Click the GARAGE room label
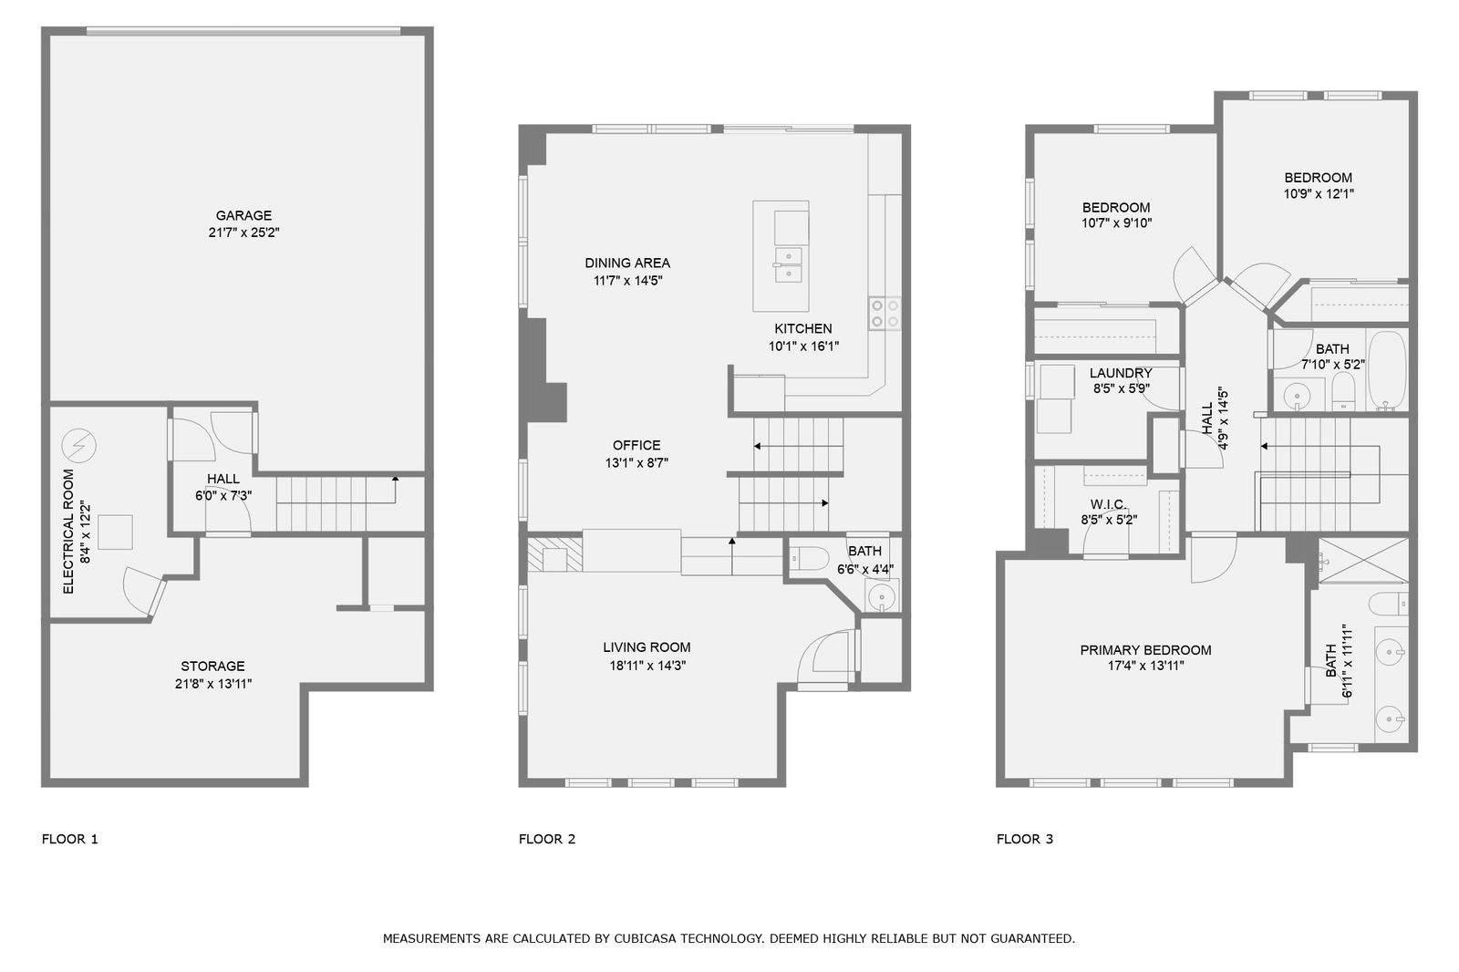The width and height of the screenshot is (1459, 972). click(x=243, y=215)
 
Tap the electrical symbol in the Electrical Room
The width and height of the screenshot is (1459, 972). click(x=78, y=446)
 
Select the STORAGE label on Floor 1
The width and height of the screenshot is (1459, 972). click(x=212, y=666)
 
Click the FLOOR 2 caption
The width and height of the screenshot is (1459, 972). click(x=547, y=839)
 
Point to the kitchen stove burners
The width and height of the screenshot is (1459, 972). click(x=885, y=313)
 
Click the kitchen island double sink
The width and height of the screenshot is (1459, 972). click(x=788, y=264)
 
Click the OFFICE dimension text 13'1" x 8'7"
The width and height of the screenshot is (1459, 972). click(x=636, y=463)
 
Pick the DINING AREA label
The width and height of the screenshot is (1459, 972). click(x=627, y=264)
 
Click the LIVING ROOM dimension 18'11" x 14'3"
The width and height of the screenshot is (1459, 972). click(x=647, y=666)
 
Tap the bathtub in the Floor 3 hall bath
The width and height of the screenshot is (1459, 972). click(x=1386, y=370)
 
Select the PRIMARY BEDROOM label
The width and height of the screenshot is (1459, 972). click(x=1145, y=650)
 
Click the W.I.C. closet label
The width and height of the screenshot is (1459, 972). click(x=1109, y=504)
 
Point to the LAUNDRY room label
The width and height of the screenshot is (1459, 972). click(x=1121, y=373)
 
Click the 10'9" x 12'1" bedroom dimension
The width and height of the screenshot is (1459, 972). click(x=1319, y=193)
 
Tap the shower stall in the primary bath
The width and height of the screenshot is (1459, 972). click(x=1363, y=560)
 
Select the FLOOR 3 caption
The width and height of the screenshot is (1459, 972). click(x=1025, y=839)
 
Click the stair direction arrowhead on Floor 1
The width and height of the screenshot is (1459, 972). click(x=395, y=479)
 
